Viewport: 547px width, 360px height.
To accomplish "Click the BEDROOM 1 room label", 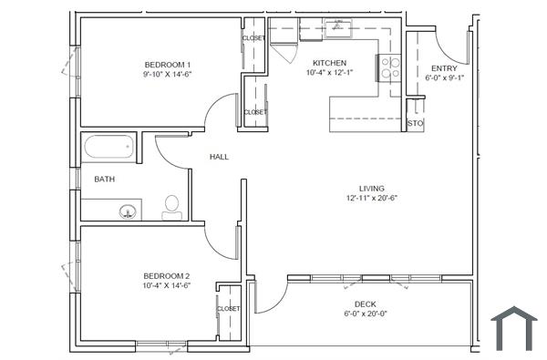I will coord(167,64).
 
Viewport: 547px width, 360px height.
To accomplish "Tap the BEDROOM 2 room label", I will coord(167,275).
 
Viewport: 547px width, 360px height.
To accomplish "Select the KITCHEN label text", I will coord(329,63).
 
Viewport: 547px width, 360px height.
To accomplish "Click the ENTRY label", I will coord(444,67).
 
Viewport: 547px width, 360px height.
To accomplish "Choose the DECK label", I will coord(366,304).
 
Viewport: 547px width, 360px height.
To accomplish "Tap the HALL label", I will coord(219,157).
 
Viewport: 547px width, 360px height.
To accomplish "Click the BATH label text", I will coord(105,179).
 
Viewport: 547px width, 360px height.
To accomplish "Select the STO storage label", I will coord(415,123).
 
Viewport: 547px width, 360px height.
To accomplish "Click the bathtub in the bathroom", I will coord(108,148).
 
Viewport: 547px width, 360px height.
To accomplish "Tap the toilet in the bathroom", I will coord(171,207).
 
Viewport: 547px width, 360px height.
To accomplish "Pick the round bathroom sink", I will coord(128,211).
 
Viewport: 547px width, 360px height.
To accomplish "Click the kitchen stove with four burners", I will coord(391,67).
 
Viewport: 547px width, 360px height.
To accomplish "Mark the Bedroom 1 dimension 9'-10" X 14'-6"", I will coord(167,75).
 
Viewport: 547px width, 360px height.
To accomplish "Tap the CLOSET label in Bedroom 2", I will coord(228,309).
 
